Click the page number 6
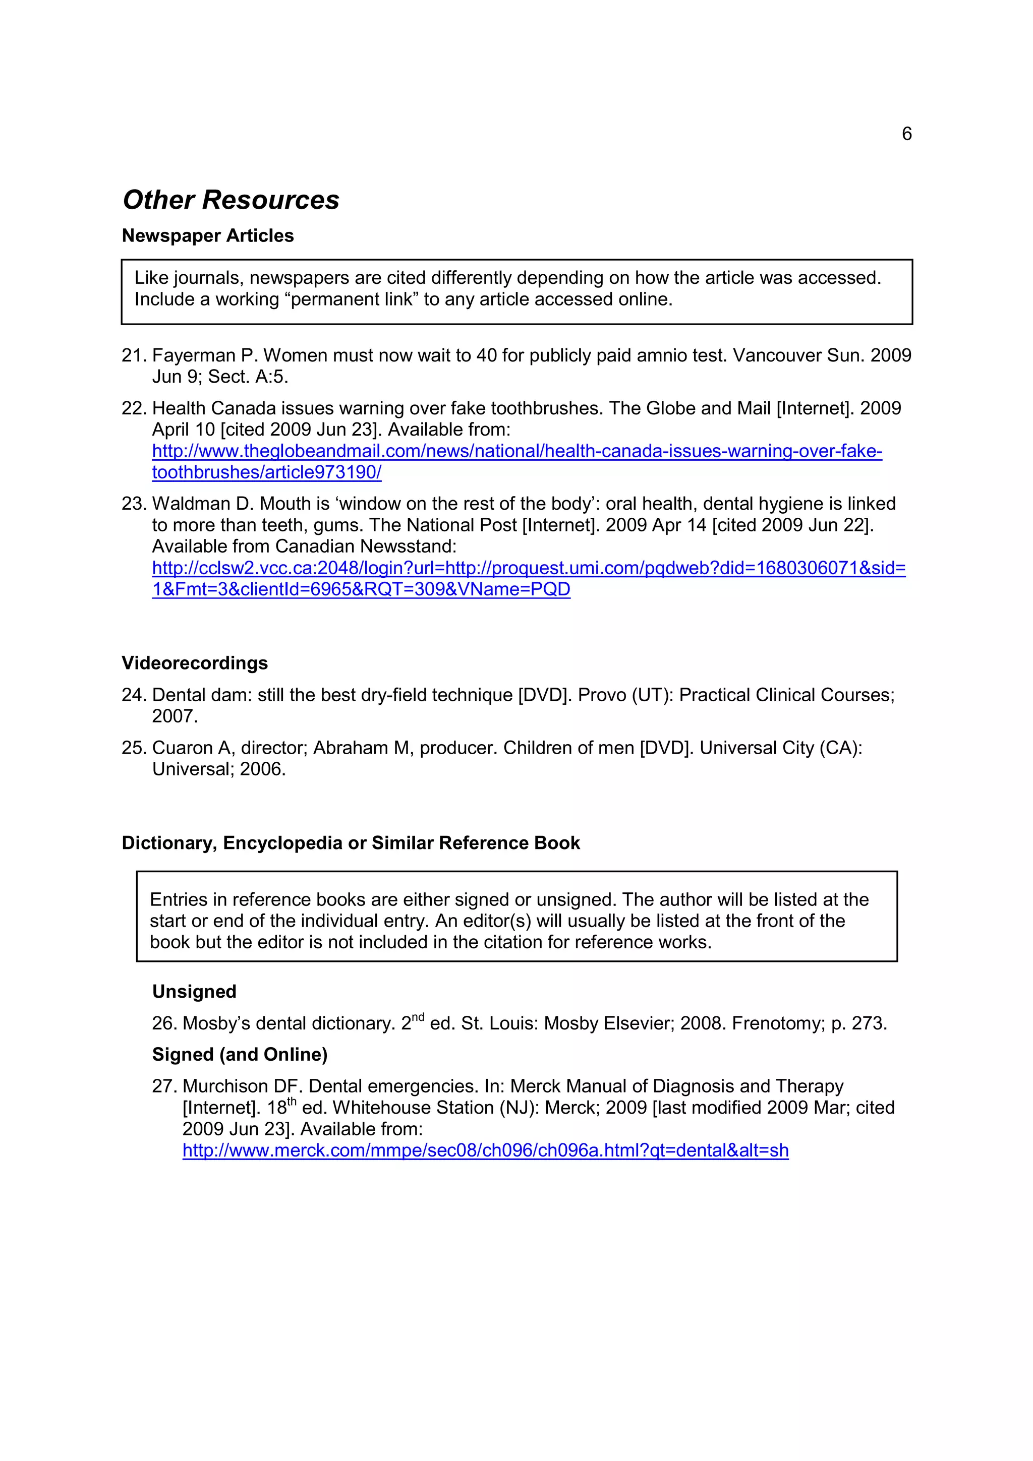click(906, 134)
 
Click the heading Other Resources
click(231, 200)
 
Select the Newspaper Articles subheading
click(207, 235)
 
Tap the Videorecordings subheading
click(195, 663)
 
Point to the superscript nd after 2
click(418, 1017)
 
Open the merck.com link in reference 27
click(485, 1150)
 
